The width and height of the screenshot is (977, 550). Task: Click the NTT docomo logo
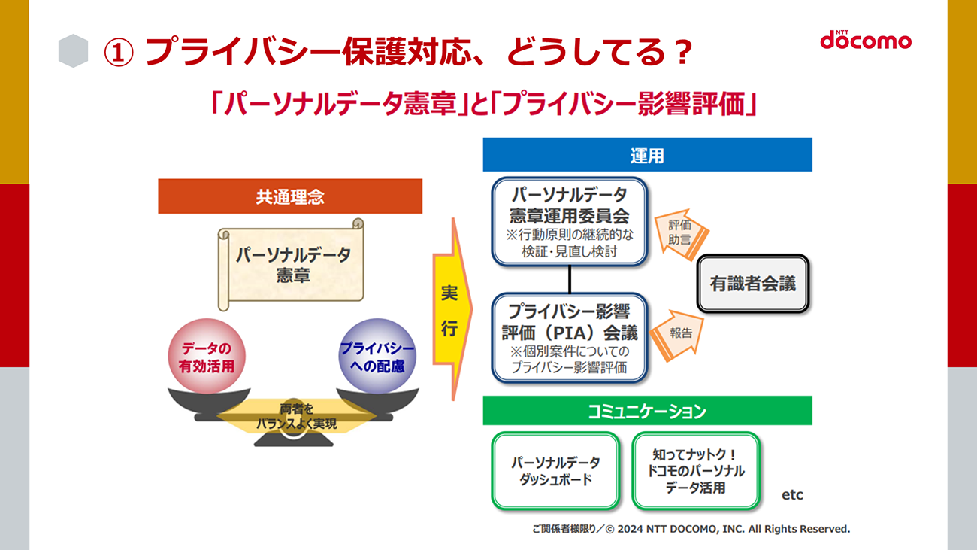coord(866,40)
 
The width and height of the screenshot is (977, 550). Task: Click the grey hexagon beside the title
coord(74,50)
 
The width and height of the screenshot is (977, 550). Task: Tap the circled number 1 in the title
coord(118,53)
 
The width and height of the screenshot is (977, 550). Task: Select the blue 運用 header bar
coord(647,154)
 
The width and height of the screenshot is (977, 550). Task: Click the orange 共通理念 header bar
coord(290,196)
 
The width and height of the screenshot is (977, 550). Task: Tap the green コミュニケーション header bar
coord(647,410)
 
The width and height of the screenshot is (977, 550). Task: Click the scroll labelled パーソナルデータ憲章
coord(291,265)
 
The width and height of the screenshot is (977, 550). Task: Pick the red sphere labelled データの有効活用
coord(207,356)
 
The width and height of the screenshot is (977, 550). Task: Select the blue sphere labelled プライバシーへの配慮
coord(377,356)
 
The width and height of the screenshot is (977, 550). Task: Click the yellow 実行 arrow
coord(452,309)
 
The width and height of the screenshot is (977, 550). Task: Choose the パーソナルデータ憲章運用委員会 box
coord(569,221)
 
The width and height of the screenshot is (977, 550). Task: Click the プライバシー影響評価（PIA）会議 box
coord(569,338)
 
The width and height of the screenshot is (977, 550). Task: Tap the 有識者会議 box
coord(753,284)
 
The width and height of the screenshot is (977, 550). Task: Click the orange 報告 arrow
coord(677,335)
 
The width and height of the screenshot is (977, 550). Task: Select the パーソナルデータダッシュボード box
coord(555,470)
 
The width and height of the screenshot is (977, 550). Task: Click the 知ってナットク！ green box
coord(696,470)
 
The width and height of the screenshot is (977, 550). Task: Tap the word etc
coord(792,494)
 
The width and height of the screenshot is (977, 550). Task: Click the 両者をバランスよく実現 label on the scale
coord(297,416)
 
